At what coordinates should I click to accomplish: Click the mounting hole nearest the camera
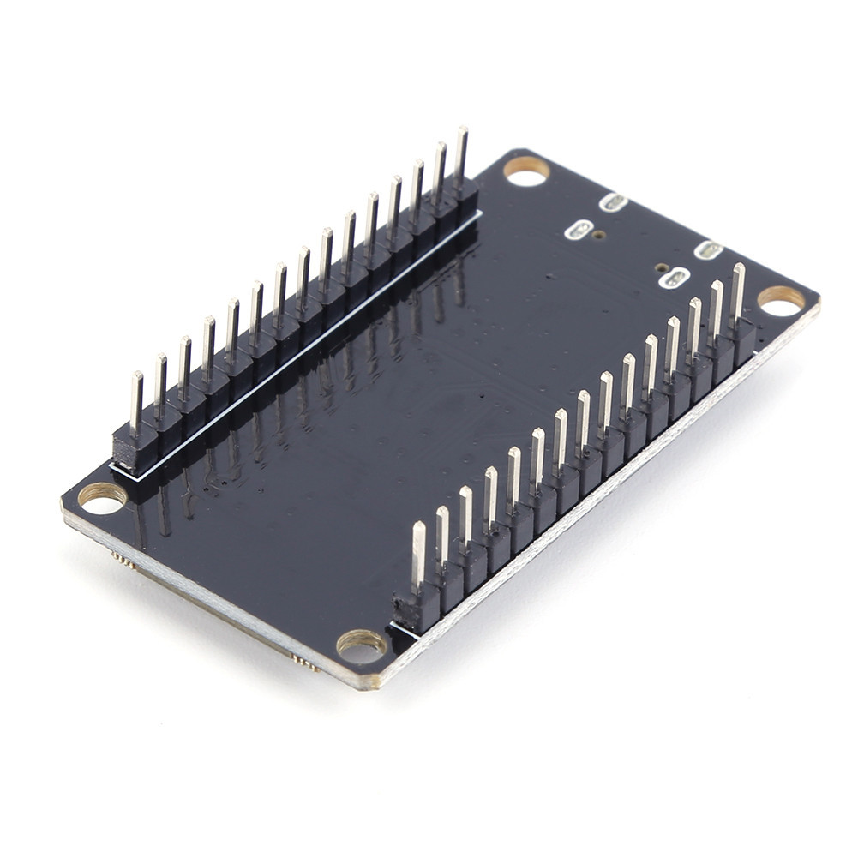point(361,645)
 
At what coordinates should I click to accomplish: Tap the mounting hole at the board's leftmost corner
point(102,498)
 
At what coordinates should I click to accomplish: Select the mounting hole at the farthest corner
point(525,171)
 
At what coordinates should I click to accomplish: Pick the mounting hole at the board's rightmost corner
point(781,300)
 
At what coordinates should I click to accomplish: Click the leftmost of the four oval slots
point(580,230)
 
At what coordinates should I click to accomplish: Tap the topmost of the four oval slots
point(614,203)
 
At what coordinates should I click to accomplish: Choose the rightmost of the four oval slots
point(708,250)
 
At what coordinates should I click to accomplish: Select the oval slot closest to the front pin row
point(676,278)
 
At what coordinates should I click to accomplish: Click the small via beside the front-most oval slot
point(661,267)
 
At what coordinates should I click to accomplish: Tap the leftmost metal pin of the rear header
point(136,403)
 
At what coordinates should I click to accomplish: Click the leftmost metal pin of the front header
point(418,556)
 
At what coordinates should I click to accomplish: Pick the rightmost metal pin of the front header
point(738,292)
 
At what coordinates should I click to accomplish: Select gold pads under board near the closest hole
point(305,662)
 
